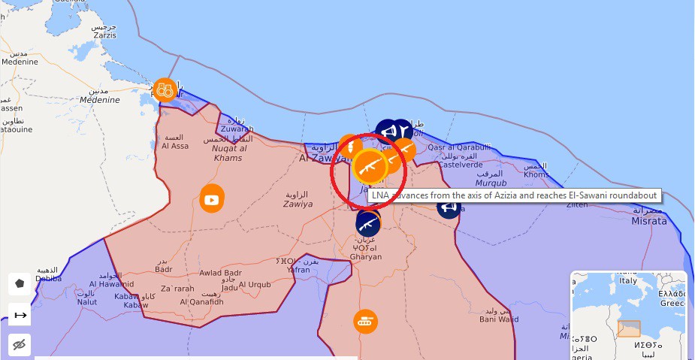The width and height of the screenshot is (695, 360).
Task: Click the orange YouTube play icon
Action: coord(212,199)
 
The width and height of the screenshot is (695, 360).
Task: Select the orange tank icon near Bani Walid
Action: coord(366,321)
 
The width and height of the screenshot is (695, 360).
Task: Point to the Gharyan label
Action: coord(366,256)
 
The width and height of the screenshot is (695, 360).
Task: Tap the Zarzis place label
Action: coord(104,35)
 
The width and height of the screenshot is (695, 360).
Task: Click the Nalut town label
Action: coord(87,301)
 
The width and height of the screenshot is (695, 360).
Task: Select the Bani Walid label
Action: coord(499,319)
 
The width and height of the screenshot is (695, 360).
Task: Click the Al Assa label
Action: coord(174,146)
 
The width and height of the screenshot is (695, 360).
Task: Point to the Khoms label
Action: coord(536,174)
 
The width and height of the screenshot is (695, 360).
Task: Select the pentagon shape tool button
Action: coord(20,284)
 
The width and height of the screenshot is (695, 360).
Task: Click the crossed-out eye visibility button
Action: coord(20,344)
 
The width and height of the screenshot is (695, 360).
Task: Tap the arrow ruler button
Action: coord(20,315)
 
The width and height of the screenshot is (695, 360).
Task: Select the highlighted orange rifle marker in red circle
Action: coord(370,167)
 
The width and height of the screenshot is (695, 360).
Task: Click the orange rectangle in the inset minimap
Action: coord(629,329)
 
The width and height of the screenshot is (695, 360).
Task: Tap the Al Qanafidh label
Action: coord(201,301)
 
